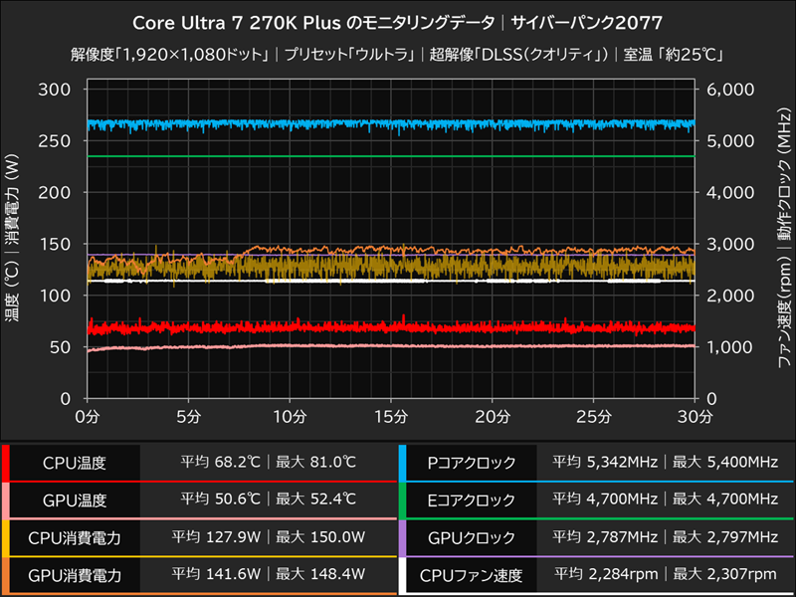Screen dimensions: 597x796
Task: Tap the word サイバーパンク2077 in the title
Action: point(587,22)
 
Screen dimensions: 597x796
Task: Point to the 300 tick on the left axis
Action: point(56,90)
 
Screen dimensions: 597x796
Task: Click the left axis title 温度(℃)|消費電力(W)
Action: point(13,244)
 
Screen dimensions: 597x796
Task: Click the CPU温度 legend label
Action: point(75,463)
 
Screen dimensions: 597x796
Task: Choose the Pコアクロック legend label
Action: point(472,463)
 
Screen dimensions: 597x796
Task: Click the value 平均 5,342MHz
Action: point(607,463)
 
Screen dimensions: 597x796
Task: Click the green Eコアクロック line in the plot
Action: point(398,156)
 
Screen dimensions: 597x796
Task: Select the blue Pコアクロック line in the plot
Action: point(398,124)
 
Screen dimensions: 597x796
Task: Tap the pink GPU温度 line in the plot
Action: point(398,346)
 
